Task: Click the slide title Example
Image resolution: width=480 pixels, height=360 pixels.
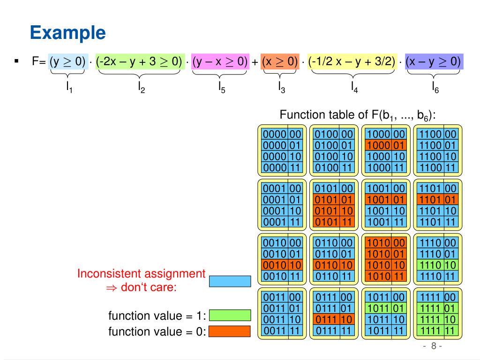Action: pyautogui.click(x=67, y=32)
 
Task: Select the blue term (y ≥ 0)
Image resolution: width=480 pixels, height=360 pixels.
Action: pyautogui.click(x=68, y=61)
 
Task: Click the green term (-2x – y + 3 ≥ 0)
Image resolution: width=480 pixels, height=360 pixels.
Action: pyautogui.click(x=140, y=61)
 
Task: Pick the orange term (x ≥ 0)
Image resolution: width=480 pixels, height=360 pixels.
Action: pyautogui.click(x=280, y=61)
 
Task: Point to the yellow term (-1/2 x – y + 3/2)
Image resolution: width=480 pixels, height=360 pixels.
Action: pyautogui.click(x=352, y=61)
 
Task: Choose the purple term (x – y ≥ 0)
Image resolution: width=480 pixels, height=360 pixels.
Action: pyautogui.click(x=434, y=61)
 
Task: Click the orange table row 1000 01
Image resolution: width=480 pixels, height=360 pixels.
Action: pyautogui.click(x=386, y=145)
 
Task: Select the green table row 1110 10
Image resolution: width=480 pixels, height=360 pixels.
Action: pyautogui.click(x=438, y=265)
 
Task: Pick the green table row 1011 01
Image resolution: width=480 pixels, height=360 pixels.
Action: pyautogui.click(x=386, y=308)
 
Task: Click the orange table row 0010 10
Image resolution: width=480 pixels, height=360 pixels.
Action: pyautogui.click(x=282, y=265)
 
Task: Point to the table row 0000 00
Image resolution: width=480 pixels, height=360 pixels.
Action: pyautogui.click(x=282, y=134)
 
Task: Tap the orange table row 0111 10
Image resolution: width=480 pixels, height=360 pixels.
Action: pyautogui.click(x=334, y=319)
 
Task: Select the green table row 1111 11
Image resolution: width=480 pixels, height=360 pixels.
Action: pyautogui.click(x=438, y=330)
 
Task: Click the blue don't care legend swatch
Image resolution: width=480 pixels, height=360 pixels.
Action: pyautogui.click(x=230, y=281)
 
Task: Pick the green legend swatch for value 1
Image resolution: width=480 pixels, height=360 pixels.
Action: pyautogui.click(x=230, y=315)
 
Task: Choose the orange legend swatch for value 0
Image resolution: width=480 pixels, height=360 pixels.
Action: pyautogui.click(x=230, y=331)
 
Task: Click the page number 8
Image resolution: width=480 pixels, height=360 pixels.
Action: pyautogui.click(x=434, y=346)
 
